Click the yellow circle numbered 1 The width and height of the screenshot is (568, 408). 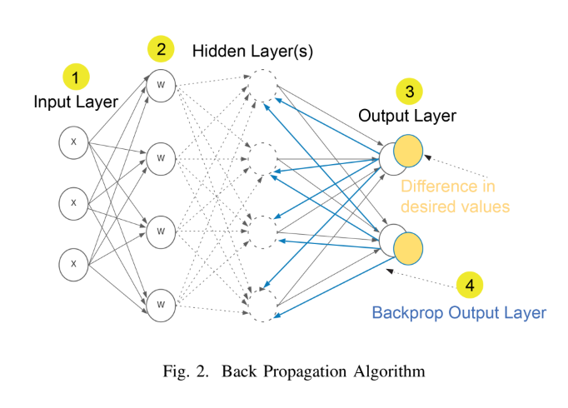click(76, 78)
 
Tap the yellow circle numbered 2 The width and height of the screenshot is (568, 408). click(161, 49)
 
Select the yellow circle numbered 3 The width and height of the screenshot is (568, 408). click(408, 90)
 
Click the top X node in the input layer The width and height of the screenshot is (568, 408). click(73, 142)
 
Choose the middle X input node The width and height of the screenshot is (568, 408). click(73, 203)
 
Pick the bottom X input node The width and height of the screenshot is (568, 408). click(73, 264)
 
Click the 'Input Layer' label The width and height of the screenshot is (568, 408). click(76, 102)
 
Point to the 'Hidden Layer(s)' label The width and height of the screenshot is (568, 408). click(252, 52)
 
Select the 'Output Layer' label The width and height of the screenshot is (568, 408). click(407, 116)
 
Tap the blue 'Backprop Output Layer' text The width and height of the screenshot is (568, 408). click(458, 313)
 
